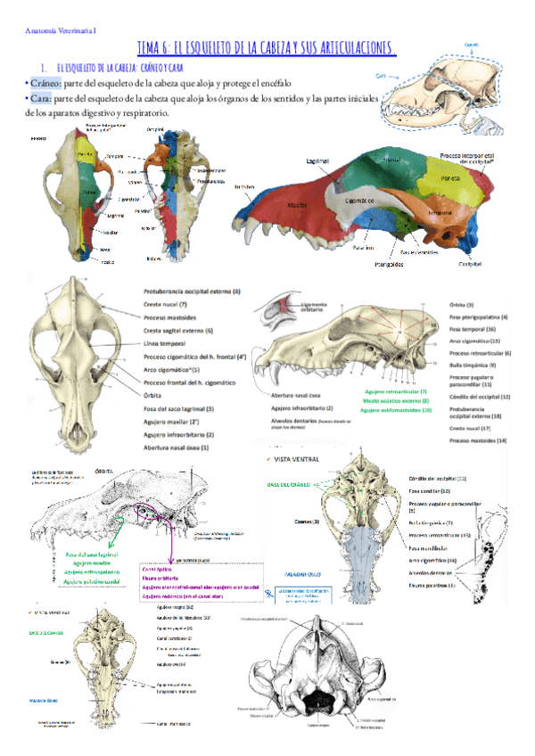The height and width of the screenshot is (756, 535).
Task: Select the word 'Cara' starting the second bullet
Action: [x=43, y=98]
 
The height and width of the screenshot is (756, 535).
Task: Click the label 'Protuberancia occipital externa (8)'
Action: [x=191, y=292]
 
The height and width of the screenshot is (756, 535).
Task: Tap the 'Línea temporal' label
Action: [x=165, y=343]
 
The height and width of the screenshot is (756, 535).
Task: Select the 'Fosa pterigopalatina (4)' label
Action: [x=479, y=316]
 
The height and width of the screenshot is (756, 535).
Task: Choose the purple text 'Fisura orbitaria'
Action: [x=169, y=576]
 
